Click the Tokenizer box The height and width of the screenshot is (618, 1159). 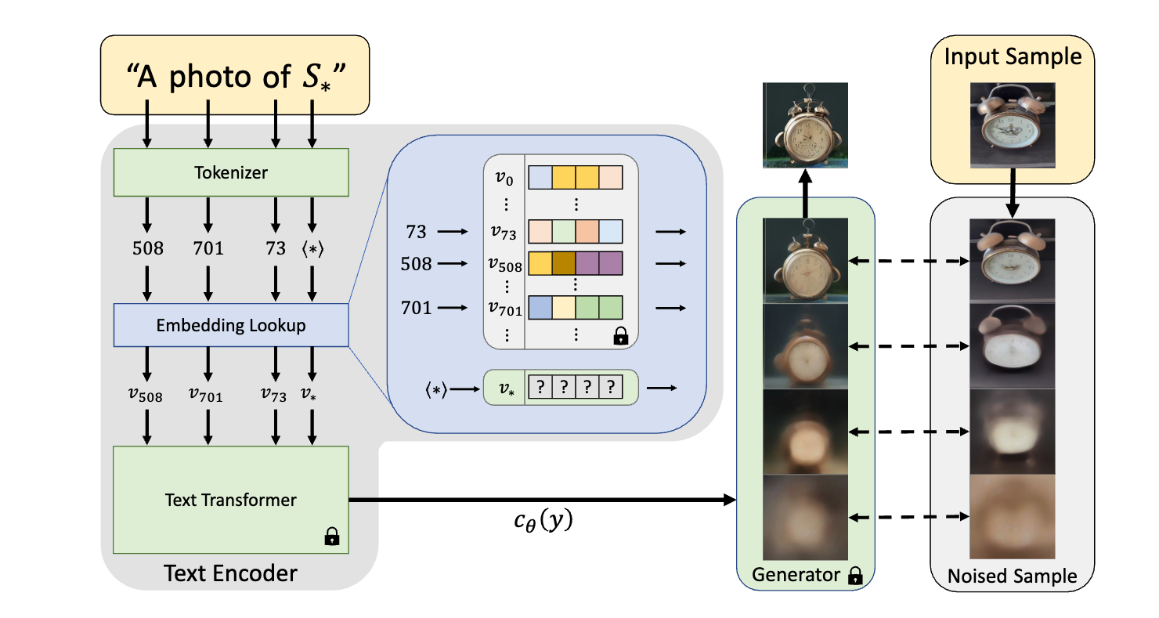pyautogui.click(x=230, y=173)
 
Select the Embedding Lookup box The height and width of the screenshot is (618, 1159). pyautogui.click(x=230, y=325)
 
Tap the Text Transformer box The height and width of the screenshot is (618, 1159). pyautogui.click(x=230, y=499)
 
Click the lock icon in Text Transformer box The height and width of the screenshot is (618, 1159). pyautogui.click(x=332, y=537)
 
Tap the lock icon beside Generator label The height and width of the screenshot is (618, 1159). pyautogui.click(x=854, y=576)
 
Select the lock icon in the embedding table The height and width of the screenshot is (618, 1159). pyautogui.click(x=620, y=337)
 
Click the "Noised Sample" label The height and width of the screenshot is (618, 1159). pyautogui.click(x=1012, y=576)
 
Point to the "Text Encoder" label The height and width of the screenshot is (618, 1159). pyautogui.click(x=230, y=573)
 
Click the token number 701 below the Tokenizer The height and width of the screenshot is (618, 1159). pyautogui.click(x=208, y=249)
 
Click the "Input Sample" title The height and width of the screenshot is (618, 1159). pyautogui.click(x=1013, y=57)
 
